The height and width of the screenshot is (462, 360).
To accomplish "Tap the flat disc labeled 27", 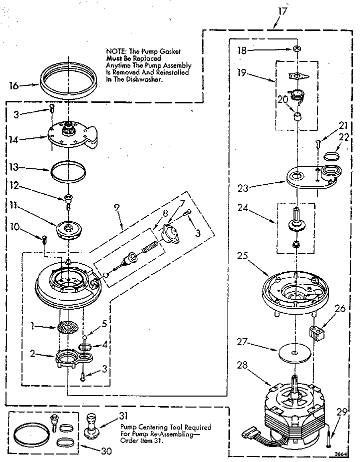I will click(294, 353).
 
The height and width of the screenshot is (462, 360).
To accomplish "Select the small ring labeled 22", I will click(329, 156).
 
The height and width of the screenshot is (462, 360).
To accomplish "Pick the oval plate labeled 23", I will click(310, 177).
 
